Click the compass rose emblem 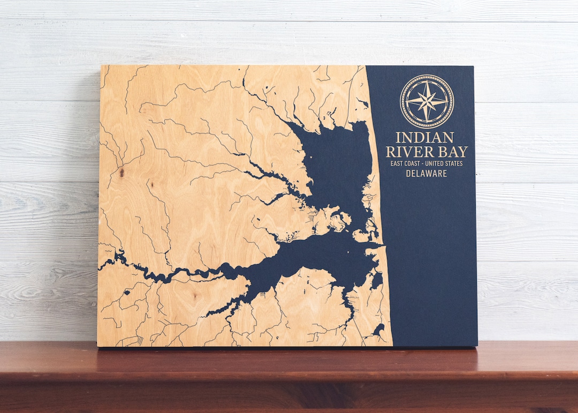click(x=427, y=101)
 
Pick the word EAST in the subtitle click(x=397, y=163)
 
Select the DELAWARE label click(x=426, y=174)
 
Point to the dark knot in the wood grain click(x=122, y=172)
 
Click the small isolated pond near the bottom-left click(x=128, y=292)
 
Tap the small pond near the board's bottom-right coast click(x=379, y=328)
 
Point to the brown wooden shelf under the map click(x=289, y=378)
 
